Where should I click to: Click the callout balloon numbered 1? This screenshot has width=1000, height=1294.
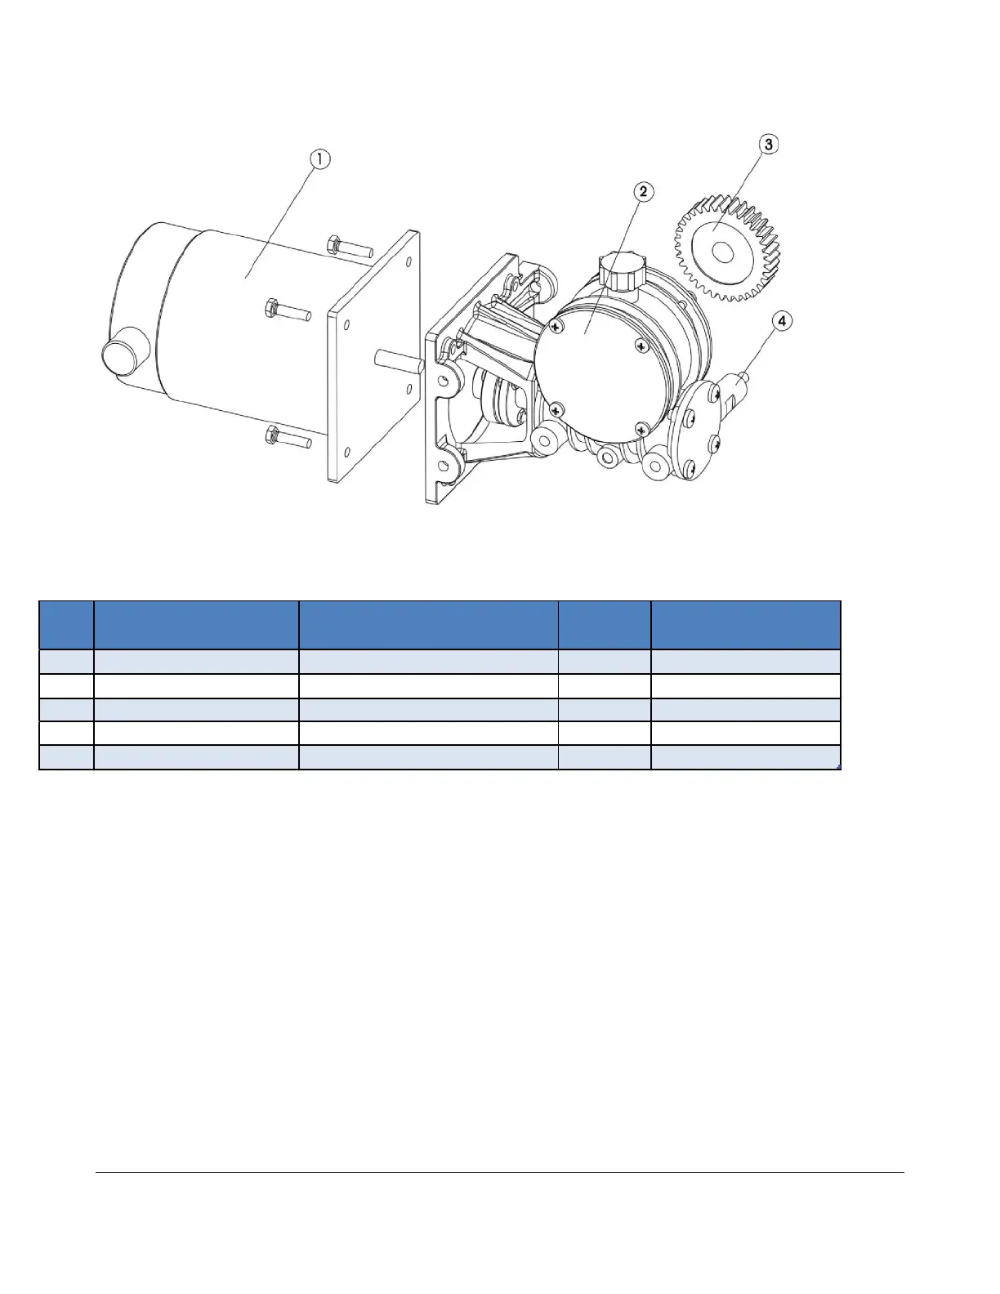(319, 159)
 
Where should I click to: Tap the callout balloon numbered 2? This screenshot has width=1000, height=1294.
(643, 192)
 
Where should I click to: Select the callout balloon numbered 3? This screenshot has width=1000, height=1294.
(768, 144)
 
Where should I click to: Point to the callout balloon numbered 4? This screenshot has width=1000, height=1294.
(782, 322)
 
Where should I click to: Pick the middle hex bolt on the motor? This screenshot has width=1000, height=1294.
(287, 310)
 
